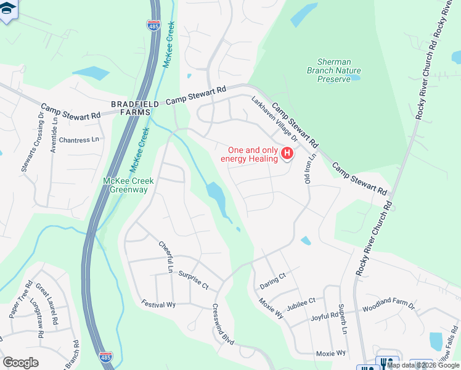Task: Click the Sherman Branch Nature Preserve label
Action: pos(333,70)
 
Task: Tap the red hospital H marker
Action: pos(287,154)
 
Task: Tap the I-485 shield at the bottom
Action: pos(105,356)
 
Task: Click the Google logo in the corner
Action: pos(20,363)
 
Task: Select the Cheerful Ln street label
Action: pos(165,257)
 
